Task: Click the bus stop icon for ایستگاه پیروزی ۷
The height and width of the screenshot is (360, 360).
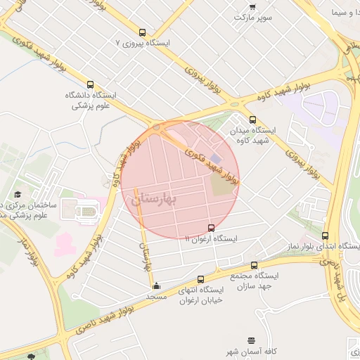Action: click(143, 32)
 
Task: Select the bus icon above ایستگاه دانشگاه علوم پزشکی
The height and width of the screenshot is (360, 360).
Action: click(90, 84)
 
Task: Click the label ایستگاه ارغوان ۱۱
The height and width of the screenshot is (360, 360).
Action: click(211, 239)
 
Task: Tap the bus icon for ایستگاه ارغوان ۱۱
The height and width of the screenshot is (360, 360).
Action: click(212, 228)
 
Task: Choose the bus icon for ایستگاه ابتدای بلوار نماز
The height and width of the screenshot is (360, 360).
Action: click(325, 236)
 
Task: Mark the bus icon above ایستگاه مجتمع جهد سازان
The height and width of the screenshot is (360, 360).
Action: click(254, 266)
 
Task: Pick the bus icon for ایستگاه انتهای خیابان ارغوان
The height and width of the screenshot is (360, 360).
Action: click(200, 279)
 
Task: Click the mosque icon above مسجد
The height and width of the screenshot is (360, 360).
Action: click(156, 286)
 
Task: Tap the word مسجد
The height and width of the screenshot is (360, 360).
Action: click(155, 297)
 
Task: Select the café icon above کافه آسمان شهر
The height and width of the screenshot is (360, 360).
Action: click(251, 340)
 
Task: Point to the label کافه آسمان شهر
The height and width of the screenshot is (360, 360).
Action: click(251, 351)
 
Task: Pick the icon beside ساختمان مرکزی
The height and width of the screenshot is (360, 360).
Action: click(17, 195)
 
